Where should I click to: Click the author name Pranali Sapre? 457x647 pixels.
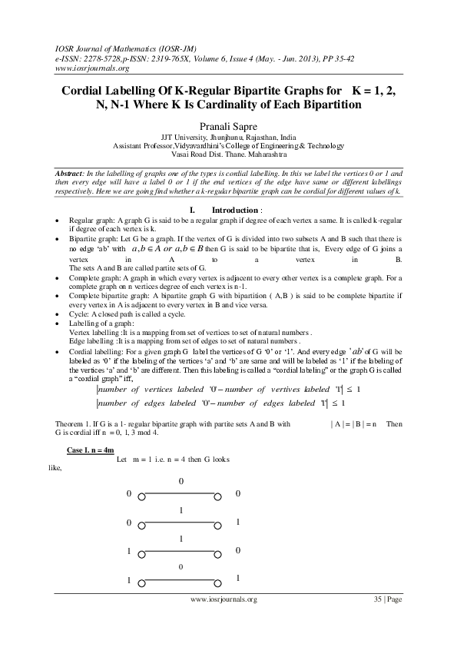click(x=228, y=123)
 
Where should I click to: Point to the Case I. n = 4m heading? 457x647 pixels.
click(x=91, y=449)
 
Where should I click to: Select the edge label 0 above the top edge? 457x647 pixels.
click(x=181, y=481)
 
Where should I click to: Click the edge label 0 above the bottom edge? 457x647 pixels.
click(x=181, y=567)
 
